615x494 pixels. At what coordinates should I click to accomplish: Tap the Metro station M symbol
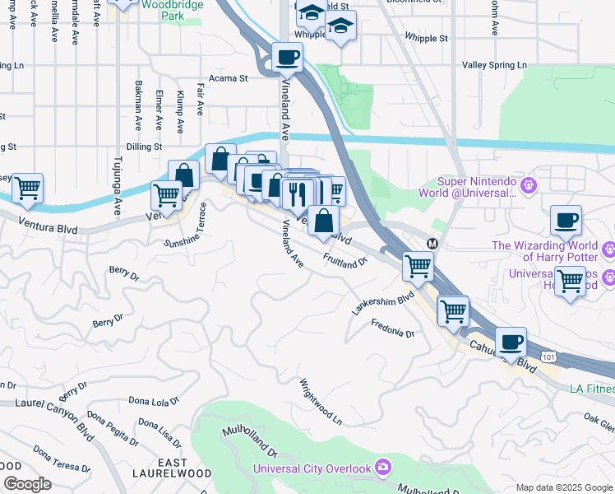(432, 243)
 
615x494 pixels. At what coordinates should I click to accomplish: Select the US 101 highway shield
(548, 357)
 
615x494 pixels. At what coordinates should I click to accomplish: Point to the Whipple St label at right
(426, 38)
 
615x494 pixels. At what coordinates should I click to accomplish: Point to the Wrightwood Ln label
(321, 401)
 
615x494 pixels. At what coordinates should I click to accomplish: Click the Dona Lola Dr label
(154, 401)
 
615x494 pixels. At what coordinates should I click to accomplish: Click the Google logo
(27, 484)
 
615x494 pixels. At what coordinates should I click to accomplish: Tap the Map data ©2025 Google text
(564, 487)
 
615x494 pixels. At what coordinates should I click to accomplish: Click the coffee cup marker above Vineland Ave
(287, 58)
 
